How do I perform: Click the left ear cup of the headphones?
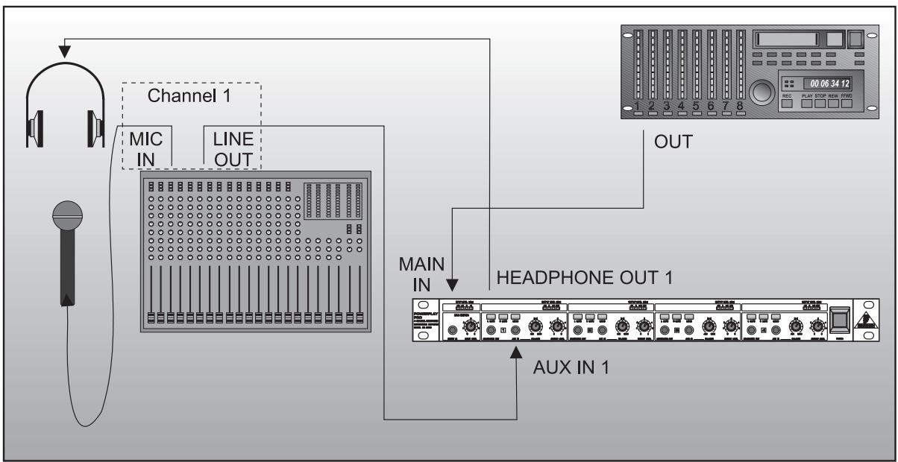[x=37, y=124]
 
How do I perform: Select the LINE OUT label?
[x=233, y=149]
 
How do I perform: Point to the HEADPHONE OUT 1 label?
[x=585, y=279]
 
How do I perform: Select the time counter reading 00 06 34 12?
[x=825, y=83]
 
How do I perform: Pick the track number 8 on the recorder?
[x=740, y=106]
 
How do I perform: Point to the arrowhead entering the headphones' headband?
[x=65, y=51]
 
